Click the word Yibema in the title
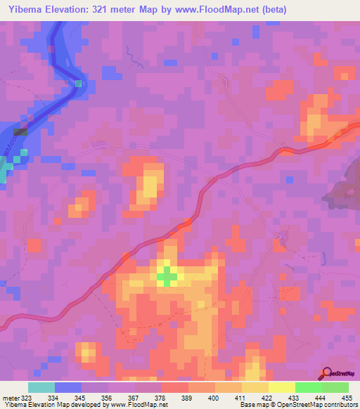coord(22,8)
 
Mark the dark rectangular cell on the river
coord(21,131)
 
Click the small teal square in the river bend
coord(79,84)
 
